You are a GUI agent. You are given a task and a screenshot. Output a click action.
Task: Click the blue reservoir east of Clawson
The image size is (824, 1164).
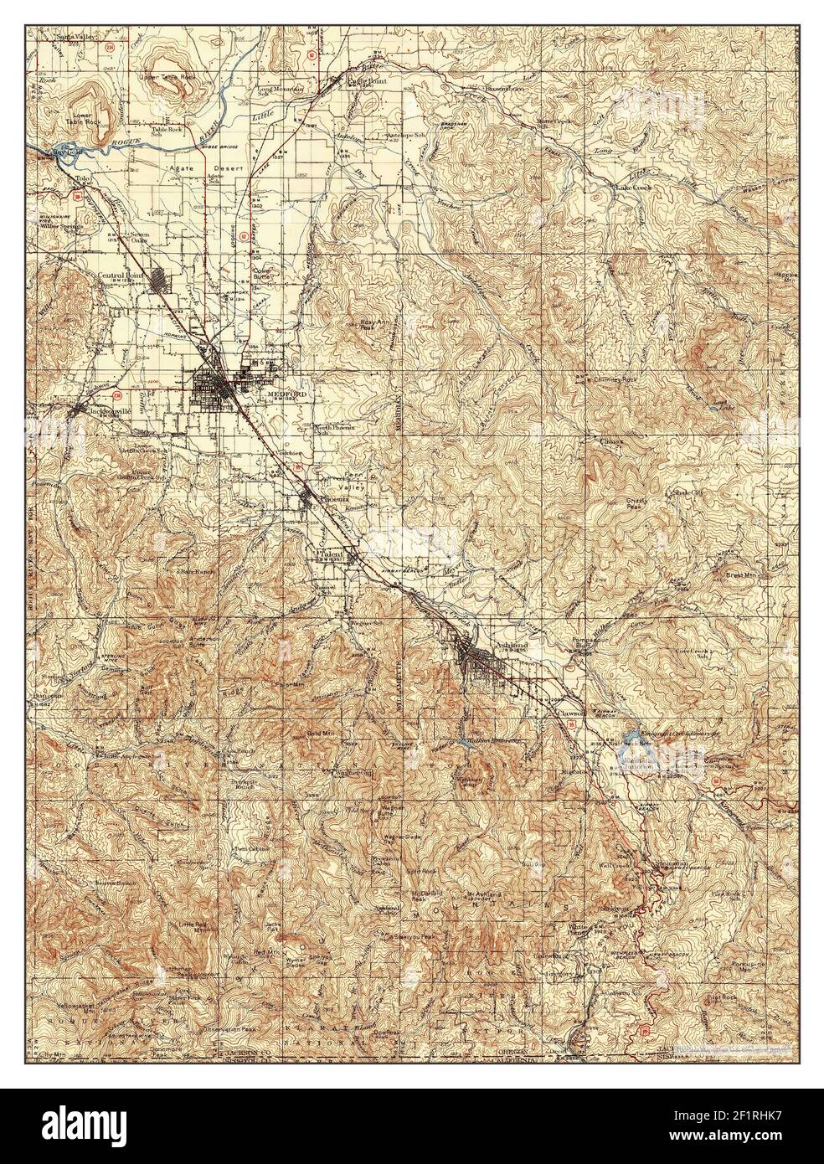click(x=638, y=743)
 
